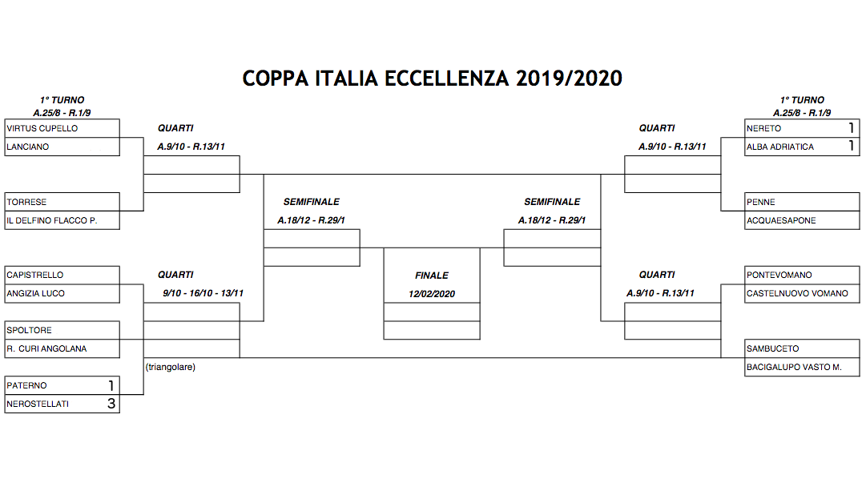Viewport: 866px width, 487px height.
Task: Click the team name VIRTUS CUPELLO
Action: tap(42, 128)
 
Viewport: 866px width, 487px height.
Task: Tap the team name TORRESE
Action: tap(26, 202)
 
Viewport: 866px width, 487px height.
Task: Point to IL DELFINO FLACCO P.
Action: tap(52, 220)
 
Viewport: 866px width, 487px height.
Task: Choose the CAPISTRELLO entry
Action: tap(34, 275)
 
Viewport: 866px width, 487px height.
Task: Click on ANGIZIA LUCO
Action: tap(35, 293)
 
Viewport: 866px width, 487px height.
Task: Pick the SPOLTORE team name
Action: tap(30, 330)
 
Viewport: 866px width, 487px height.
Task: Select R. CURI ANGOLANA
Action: tap(46, 348)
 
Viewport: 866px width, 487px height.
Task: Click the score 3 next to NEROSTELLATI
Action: tap(111, 404)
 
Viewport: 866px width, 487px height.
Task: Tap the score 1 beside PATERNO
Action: tap(111, 385)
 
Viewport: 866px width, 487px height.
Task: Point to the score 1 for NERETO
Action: tap(851, 128)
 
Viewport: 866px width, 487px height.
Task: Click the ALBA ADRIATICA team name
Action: tap(779, 147)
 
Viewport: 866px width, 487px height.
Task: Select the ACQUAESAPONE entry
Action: tap(781, 220)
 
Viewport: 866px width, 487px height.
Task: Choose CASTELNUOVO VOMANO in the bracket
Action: tap(797, 293)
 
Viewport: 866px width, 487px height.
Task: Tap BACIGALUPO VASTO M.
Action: tap(794, 367)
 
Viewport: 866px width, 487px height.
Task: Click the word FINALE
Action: tap(432, 276)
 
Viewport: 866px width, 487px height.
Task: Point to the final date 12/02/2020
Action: tap(432, 294)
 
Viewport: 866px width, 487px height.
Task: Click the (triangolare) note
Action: tap(171, 367)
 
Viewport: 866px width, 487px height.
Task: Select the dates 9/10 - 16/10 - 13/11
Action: tap(203, 293)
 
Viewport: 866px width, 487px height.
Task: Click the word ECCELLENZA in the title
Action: tap(446, 78)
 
